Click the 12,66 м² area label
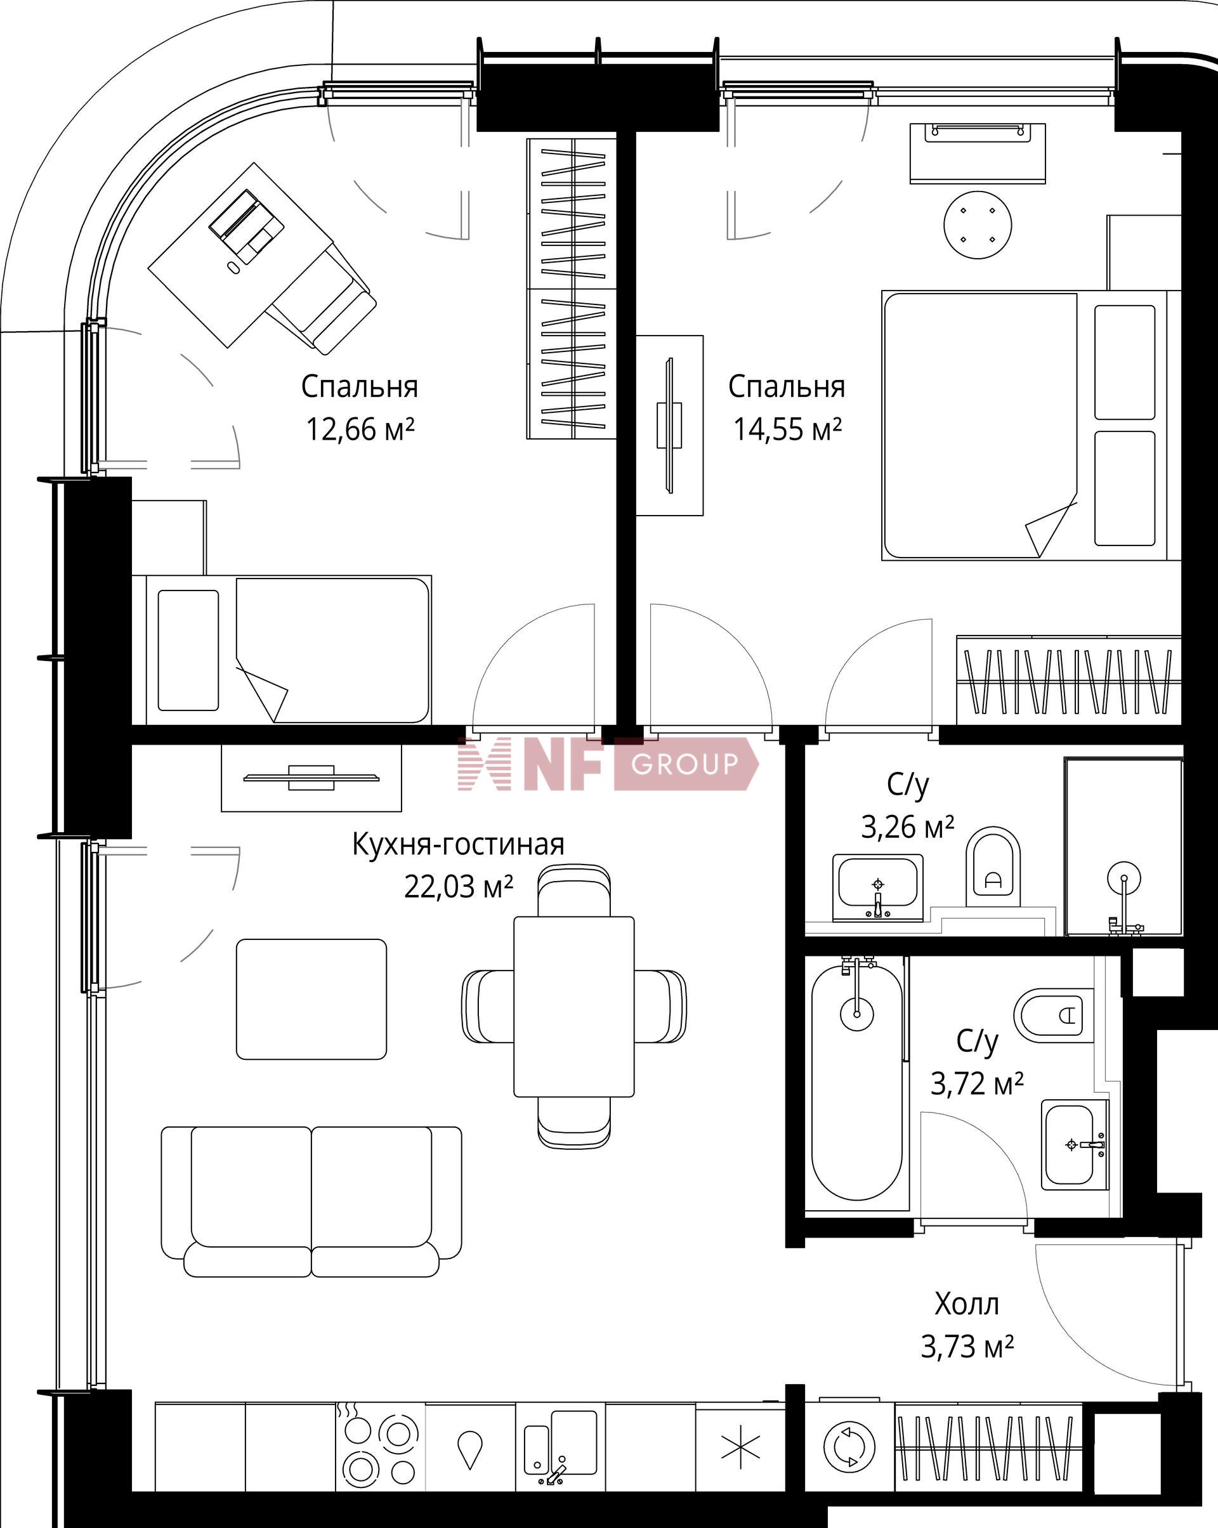pyautogui.click(x=360, y=429)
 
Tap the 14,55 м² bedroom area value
pyautogui.click(x=787, y=429)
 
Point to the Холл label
pyautogui.click(x=966, y=1303)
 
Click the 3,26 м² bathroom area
pyautogui.click(x=908, y=826)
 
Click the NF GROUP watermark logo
pyautogui.click(x=608, y=763)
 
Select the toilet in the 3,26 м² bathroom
pyautogui.click(x=993, y=866)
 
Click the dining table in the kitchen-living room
pyautogui.click(x=573, y=1007)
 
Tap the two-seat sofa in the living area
pyautogui.click(x=311, y=1201)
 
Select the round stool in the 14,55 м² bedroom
pyautogui.click(x=978, y=225)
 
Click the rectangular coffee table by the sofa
pyautogui.click(x=311, y=999)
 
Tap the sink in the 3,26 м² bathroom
pyautogui.click(x=878, y=887)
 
